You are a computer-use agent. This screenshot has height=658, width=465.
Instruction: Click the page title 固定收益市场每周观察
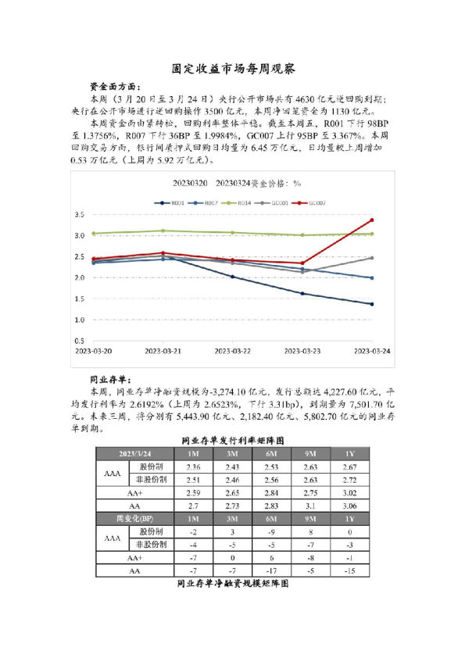coord(232,69)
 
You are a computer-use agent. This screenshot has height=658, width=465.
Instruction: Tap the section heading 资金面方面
coord(117,86)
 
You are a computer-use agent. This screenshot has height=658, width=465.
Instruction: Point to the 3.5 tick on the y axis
coord(79,214)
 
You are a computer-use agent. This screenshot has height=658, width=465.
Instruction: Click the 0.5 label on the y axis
coord(79,342)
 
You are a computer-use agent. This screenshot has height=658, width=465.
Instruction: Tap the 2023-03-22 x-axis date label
coord(232,352)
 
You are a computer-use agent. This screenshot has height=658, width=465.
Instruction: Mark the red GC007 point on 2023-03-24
coord(371,220)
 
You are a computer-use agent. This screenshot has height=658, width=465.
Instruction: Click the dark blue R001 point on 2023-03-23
coord(302,294)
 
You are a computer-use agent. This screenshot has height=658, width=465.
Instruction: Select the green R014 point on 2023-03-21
coord(163,231)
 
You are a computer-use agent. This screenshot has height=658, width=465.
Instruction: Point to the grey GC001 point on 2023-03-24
coord(371,258)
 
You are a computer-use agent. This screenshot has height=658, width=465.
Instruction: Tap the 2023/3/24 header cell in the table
coord(135,454)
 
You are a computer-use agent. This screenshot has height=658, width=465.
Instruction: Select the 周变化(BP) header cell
coord(135,518)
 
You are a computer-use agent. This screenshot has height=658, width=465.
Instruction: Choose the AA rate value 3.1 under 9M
coord(310,506)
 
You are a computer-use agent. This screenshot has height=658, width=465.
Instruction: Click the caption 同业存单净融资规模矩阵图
coord(232,584)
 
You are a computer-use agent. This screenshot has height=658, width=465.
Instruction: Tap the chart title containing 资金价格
coord(232,184)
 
